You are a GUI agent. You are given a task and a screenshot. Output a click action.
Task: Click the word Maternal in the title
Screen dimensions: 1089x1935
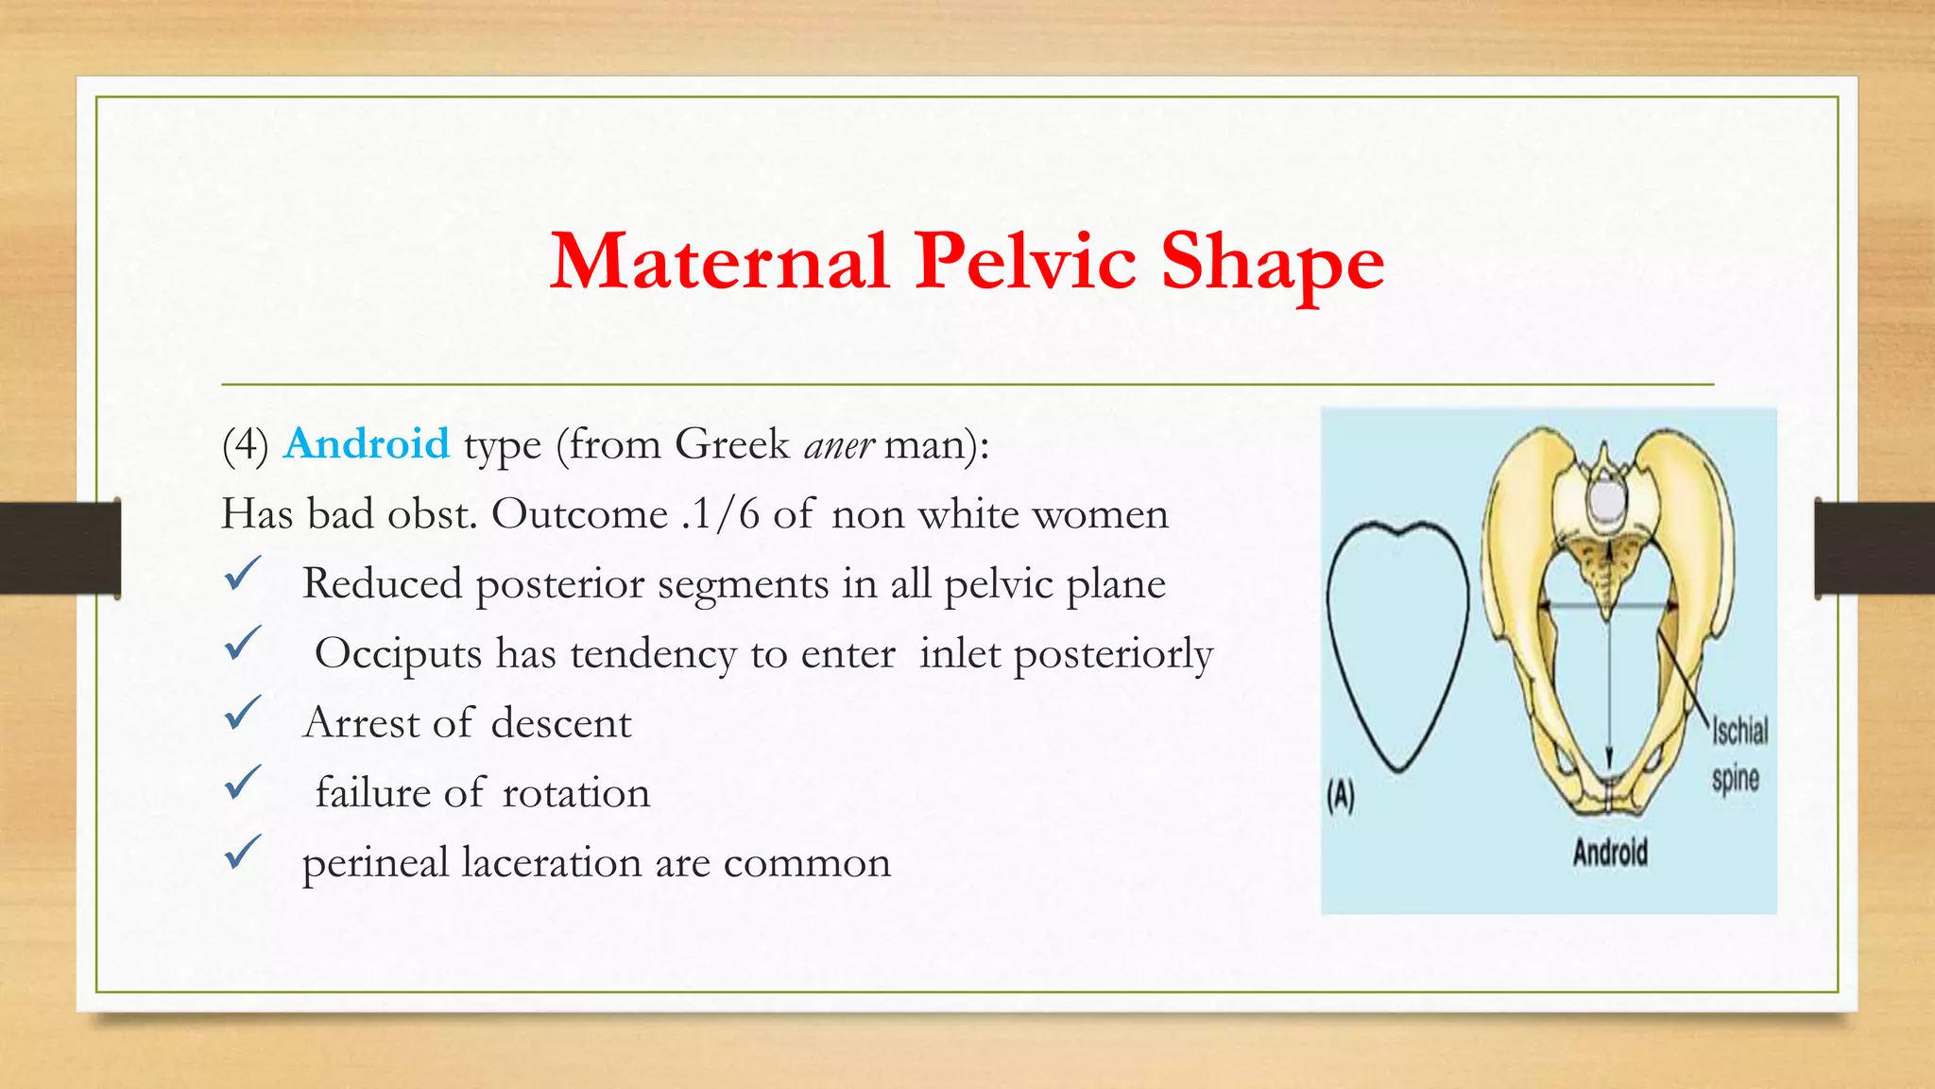pos(719,262)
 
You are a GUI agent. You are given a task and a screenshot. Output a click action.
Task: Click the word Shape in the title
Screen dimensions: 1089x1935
pos(1272,262)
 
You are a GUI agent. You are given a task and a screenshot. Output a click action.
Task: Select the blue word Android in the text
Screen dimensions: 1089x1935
pos(367,443)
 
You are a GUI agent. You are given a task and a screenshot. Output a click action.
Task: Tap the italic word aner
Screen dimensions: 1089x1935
pos(839,445)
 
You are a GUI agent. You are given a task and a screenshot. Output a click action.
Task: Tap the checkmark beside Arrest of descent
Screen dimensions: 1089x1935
pos(243,714)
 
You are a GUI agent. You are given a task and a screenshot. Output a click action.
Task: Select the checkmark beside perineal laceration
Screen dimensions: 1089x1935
pos(243,853)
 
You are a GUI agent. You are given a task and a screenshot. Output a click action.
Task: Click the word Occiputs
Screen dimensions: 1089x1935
pos(398,654)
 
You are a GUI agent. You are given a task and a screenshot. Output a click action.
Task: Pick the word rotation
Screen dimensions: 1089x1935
pos(576,793)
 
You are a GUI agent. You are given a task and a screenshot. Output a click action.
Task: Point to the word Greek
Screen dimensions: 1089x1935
pos(732,444)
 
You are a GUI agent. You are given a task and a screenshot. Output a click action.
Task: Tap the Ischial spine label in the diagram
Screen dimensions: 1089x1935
pos(1738,754)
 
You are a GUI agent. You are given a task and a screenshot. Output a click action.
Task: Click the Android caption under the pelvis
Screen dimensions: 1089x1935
pos(1610,853)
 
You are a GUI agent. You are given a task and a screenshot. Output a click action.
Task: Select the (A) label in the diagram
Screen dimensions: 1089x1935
pos(1341,796)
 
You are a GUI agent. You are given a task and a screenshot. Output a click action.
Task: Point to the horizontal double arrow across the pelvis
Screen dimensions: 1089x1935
pos(1606,605)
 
